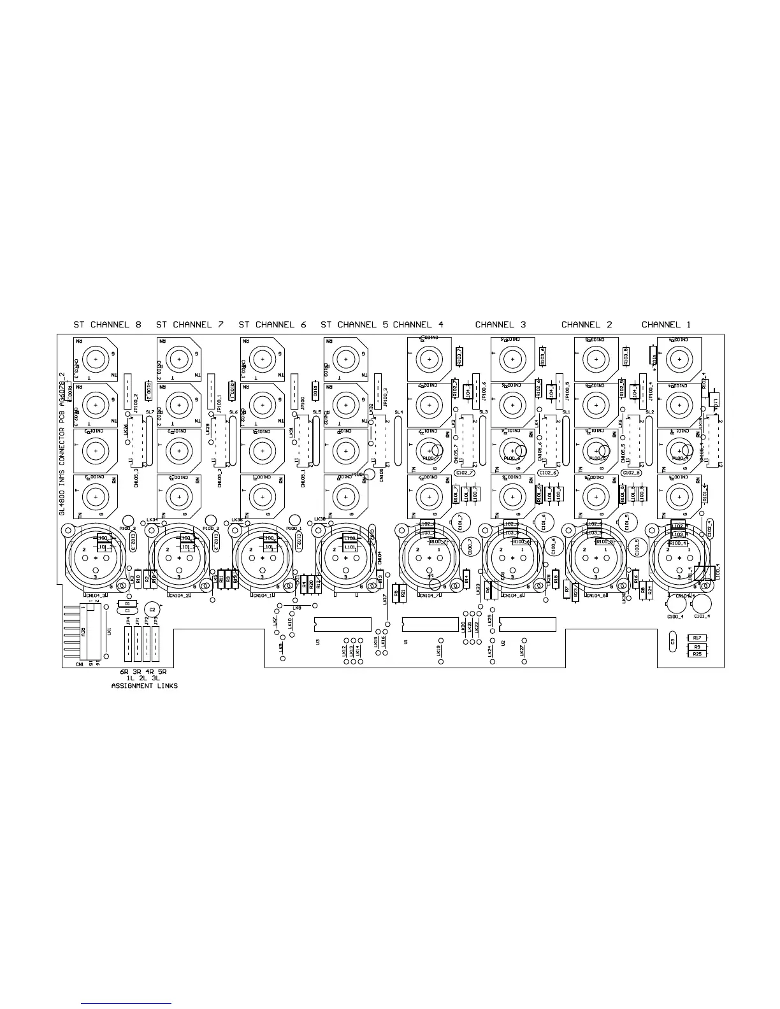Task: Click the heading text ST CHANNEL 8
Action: [107, 325]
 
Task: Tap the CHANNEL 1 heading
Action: [666, 325]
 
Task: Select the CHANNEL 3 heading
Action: [500, 325]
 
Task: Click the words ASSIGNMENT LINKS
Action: [145, 686]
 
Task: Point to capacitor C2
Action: [152, 610]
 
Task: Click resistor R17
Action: [697, 638]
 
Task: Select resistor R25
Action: [697, 654]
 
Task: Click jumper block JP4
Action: [128, 643]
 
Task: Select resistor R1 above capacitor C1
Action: [127, 603]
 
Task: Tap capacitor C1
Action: [127, 611]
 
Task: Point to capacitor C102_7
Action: [464, 473]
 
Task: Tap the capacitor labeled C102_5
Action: [631, 473]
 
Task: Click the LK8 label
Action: [297, 608]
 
